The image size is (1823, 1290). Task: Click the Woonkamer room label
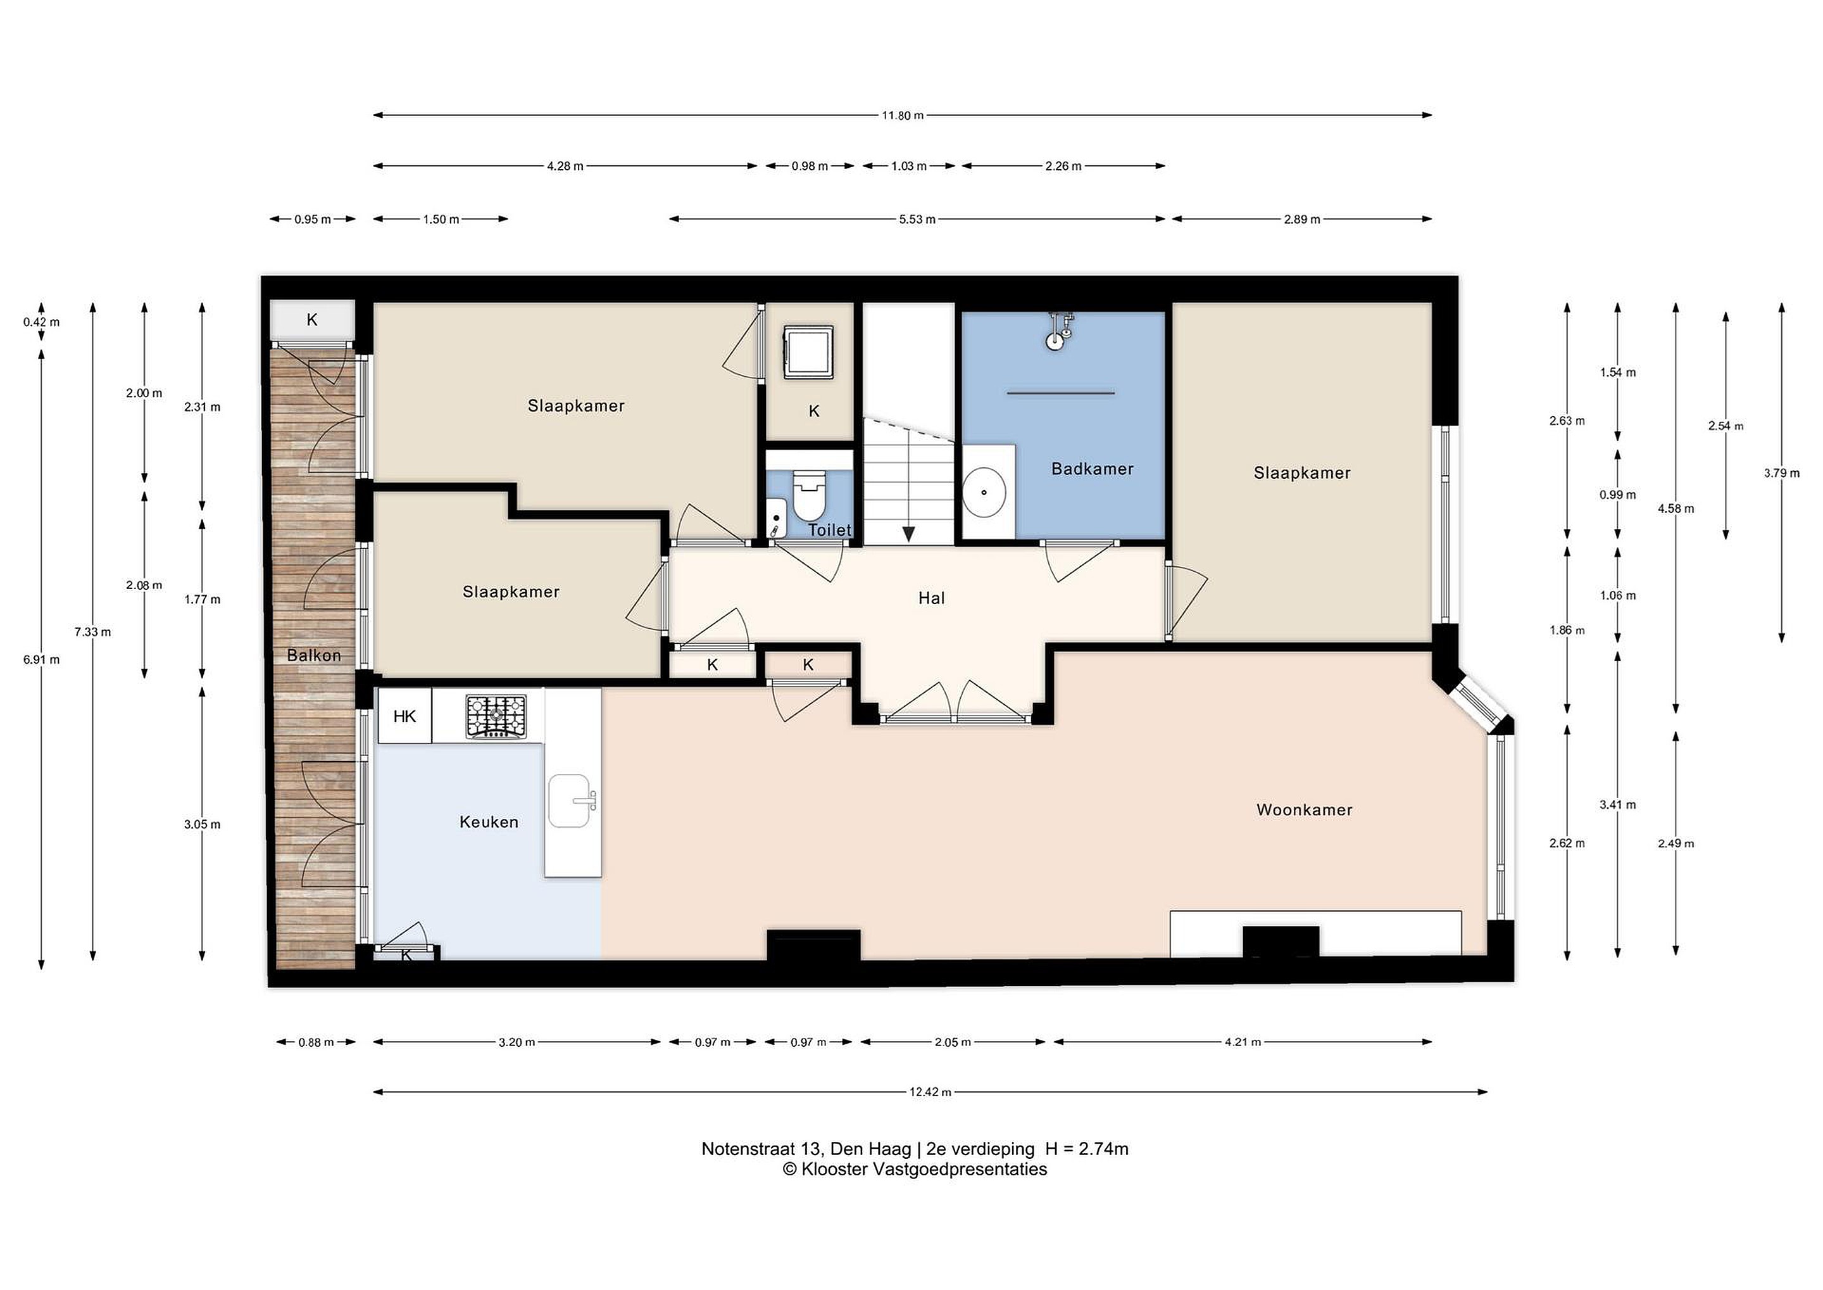pyautogui.click(x=1304, y=809)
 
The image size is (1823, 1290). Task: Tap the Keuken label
pyautogui.click(x=488, y=822)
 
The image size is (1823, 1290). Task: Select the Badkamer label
pyautogui.click(x=1092, y=469)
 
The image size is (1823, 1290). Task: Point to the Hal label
pyautogui.click(x=931, y=598)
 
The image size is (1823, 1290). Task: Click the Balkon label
pyautogui.click(x=313, y=655)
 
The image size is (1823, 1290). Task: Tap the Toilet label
pyautogui.click(x=830, y=530)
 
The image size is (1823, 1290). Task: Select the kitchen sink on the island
pyautogui.click(x=571, y=800)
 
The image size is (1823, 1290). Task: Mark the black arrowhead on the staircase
pyautogui.click(x=908, y=534)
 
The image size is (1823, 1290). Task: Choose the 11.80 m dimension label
pyautogui.click(x=903, y=115)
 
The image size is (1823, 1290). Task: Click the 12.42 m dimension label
pyautogui.click(x=930, y=1092)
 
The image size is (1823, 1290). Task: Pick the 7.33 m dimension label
pyautogui.click(x=93, y=632)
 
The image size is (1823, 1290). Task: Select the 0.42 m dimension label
pyautogui.click(x=41, y=322)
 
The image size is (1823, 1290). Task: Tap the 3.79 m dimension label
pyautogui.click(x=1782, y=474)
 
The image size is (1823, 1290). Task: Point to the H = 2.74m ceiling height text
pyautogui.click(x=1087, y=1149)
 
